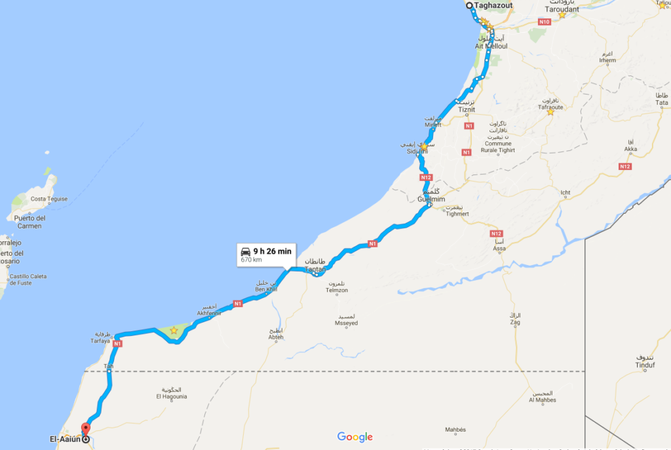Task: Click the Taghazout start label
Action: pos(493,5)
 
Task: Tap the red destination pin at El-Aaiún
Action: pos(85,430)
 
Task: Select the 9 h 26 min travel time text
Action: pos(272,251)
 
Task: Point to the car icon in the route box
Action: pos(246,251)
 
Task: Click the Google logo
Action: pos(355,437)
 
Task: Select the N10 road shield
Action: pos(543,22)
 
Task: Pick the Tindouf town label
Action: pos(645,365)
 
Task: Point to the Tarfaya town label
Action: pos(105,340)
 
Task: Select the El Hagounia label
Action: pos(172,396)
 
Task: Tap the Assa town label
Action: pos(499,249)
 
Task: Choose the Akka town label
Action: pos(631,149)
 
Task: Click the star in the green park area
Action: pos(174,331)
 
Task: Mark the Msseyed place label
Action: pos(346,323)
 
